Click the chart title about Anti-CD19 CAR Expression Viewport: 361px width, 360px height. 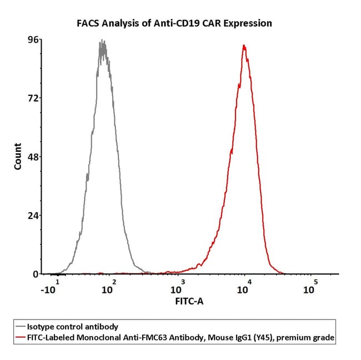tap(174, 23)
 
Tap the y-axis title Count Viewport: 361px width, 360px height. tap(18, 156)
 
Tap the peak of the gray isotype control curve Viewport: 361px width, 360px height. tap(102, 41)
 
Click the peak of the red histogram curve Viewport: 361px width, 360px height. tap(244, 45)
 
